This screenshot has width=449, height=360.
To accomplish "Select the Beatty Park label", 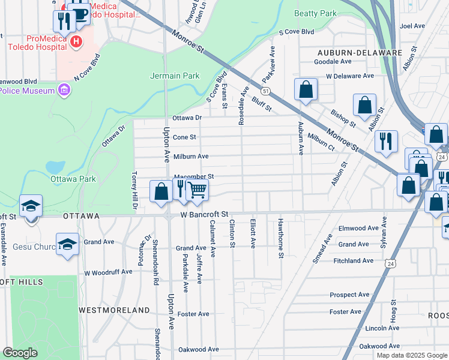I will click(x=316, y=13).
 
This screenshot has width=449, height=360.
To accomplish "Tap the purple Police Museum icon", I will click(x=65, y=91).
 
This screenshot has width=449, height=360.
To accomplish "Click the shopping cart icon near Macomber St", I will click(x=197, y=190).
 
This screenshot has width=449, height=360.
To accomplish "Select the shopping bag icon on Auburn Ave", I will click(x=306, y=89).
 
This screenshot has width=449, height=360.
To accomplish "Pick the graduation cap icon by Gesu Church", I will click(x=68, y=244).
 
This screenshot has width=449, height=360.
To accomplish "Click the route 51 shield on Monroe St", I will click(x=265, y=91).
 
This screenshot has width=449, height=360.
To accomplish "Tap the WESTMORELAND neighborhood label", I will click(x=115, y=310).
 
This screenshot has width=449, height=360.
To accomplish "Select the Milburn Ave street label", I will click(x=191, y=156).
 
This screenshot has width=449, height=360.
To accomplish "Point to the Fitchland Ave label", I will click(x=354, y=260).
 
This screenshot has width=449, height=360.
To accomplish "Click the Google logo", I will click(x=20, y=353).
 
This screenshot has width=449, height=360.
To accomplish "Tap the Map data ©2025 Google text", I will click(x=411, y=355).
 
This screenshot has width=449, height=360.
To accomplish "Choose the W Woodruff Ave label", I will click(x=108, y=272).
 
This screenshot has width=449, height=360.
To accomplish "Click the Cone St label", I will click(x=185, y=137).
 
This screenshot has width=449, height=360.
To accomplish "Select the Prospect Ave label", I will click(x=349, y=295).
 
